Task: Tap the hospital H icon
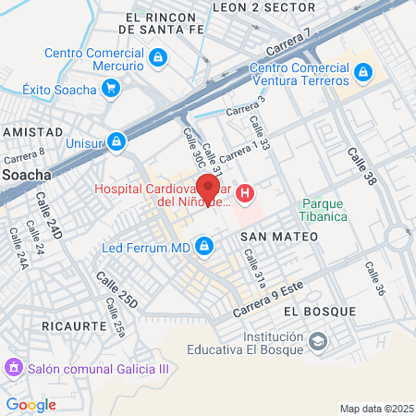[245, 193]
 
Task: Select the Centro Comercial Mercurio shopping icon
[158, 58]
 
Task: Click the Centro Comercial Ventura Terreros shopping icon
[363, 71]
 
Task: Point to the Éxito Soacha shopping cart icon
[111, 89]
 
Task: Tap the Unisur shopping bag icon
[116, 142]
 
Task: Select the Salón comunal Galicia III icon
[13, 368]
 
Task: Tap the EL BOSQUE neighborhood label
[307, 312]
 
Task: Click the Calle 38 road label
[361, 164]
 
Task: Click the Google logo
[31, 404]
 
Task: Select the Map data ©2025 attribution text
[376, 409]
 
